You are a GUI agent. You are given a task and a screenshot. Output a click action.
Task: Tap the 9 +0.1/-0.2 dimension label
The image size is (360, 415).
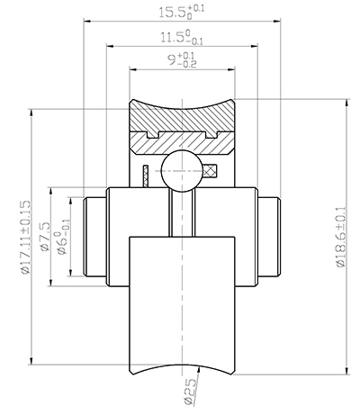click(x=177, y=62)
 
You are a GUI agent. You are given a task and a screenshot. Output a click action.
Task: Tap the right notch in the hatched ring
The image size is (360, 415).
click(x=215, y=136)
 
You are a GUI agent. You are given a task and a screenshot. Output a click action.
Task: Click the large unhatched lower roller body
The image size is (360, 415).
click(x=183, y=306)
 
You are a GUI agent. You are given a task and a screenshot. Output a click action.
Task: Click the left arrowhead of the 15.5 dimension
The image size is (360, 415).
click(x=87, y=20)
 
